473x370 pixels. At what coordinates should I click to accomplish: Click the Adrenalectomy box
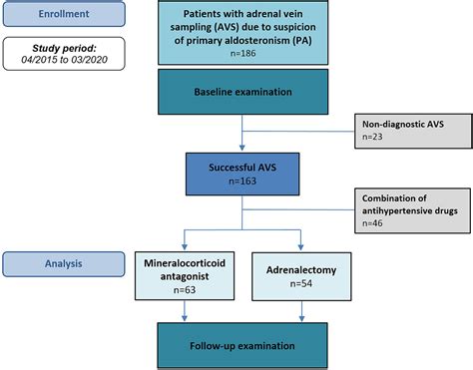coord(300,276)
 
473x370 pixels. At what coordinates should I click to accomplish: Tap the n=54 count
coord(300,286)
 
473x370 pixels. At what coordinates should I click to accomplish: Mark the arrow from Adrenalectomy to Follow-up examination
coord(300,317)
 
